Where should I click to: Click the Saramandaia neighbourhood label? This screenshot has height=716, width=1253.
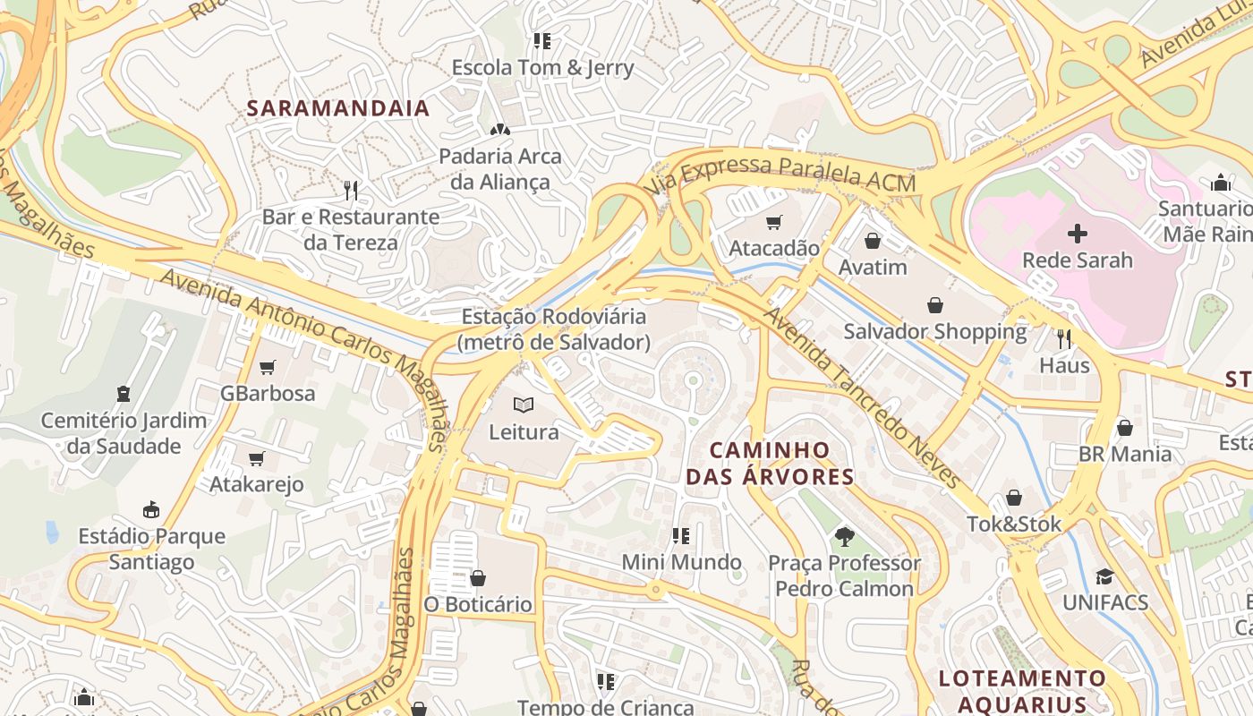coord(337,108)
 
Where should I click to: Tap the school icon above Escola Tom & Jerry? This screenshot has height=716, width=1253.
coord(541,40)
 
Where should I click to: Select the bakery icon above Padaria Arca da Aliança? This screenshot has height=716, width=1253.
coord(499,129)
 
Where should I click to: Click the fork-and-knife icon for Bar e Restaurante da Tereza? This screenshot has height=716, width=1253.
coord(351,190)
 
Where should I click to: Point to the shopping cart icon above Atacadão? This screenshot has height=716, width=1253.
coord(773,222)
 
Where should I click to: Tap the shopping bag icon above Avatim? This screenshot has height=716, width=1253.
coord(873,241)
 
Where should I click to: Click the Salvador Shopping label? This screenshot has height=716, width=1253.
coord(935,331)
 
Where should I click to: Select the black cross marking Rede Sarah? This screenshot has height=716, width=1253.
coord(1078,234)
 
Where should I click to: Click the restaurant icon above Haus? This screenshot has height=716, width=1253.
coord(1064,338)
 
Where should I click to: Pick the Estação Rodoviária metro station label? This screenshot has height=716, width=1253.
coord(553,328)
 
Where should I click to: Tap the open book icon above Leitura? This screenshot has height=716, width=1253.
coord(524,405)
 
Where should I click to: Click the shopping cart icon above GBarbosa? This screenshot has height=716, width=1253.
coord(267,367)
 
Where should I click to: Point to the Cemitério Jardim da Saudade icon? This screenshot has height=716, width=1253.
coord(124,394)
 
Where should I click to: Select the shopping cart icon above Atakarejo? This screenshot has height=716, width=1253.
coord(256,459)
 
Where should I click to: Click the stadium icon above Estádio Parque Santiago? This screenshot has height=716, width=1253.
coord(150,510)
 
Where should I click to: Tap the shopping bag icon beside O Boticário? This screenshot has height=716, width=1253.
coord(478,578)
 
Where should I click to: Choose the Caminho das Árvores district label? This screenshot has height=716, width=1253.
coord(770,463)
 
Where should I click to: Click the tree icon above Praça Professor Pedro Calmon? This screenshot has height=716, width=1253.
coord(843,537)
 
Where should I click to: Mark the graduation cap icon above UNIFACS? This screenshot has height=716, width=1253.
coord(1104,576)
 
